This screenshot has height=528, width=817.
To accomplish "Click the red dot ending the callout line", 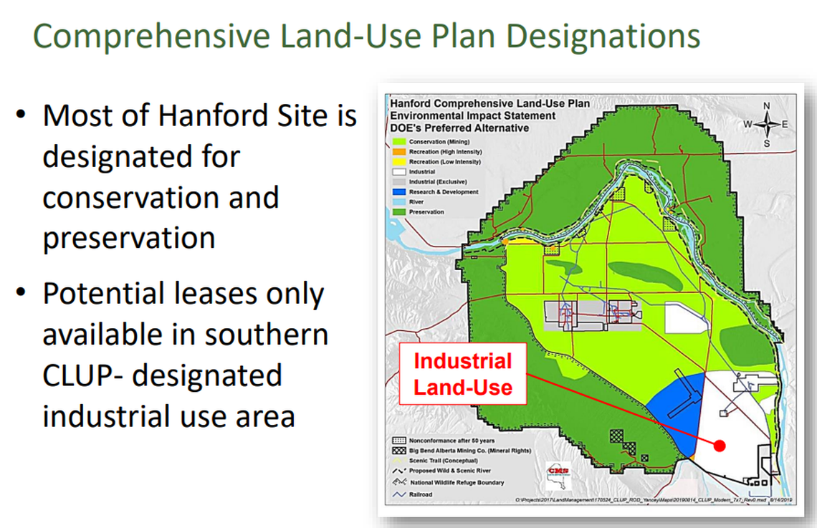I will pos(720,446).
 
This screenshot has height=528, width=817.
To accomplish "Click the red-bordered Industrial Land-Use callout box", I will pos(463,374).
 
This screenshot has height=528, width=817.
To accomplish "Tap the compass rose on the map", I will pos(766,125).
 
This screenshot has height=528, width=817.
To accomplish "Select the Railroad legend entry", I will pos(420,494).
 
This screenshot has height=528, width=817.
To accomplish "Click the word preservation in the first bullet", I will pos(129,237).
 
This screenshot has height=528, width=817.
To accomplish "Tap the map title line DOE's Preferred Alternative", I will pos(459,128).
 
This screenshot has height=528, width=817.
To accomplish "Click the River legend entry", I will pos(416,202).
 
